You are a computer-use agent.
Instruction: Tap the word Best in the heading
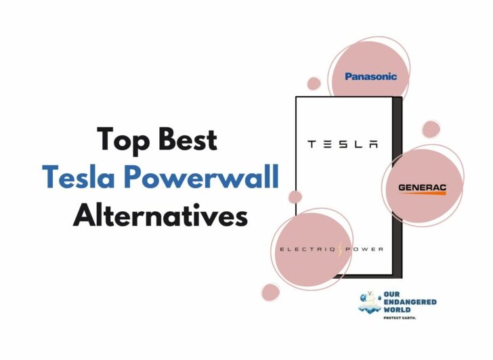188,139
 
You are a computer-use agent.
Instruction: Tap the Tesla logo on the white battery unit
343,144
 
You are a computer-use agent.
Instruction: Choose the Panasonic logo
370,76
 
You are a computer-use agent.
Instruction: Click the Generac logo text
423,187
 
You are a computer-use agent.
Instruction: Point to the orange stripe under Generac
423,193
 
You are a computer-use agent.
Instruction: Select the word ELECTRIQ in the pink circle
307,250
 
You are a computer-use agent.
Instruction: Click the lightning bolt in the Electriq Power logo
341,250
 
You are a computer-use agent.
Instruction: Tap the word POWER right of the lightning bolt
364,250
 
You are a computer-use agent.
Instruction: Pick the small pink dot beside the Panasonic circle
314,83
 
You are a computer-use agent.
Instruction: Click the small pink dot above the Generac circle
431,129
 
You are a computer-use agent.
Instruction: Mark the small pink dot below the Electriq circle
270,292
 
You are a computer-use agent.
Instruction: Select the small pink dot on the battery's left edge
295,197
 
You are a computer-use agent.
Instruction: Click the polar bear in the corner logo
370,300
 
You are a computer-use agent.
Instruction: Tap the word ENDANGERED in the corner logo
410,302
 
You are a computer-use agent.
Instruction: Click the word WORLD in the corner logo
397,310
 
